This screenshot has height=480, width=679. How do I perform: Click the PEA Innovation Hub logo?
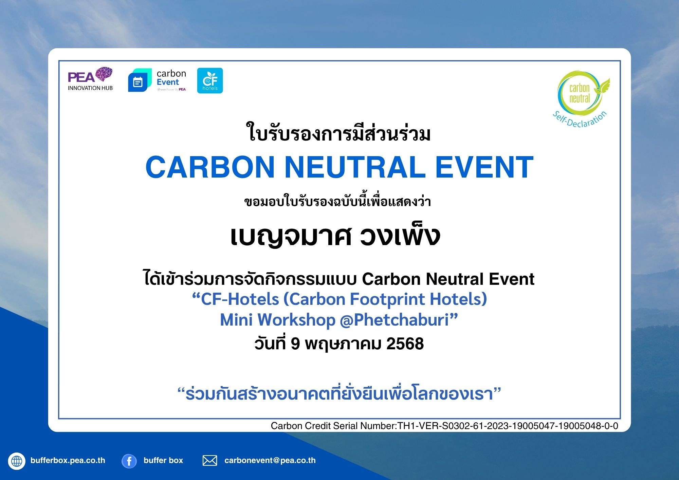click(90, 79)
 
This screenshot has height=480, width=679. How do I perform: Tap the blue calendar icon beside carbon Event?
click(140, 80)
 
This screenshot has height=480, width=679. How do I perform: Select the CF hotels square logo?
click(210, 80)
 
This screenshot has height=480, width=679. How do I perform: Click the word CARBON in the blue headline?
click(210, 167)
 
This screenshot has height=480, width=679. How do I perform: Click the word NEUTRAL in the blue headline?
click(355, 167)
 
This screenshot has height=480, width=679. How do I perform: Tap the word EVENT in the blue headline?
click(484, 167)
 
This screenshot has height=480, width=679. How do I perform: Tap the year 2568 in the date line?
click(405, 344)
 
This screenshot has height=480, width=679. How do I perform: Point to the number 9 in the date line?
click(295, 344)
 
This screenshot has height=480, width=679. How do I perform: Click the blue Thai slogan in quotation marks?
click(339, 393)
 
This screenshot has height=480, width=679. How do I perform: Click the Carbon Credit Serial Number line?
click(444, 426)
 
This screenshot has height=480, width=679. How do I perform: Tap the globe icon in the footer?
click(17, 461)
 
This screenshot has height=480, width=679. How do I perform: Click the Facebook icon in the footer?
click(129, 461)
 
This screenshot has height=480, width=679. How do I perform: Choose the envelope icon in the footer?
click(210, 461)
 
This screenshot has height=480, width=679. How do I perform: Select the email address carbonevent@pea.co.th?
click(270, 460)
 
